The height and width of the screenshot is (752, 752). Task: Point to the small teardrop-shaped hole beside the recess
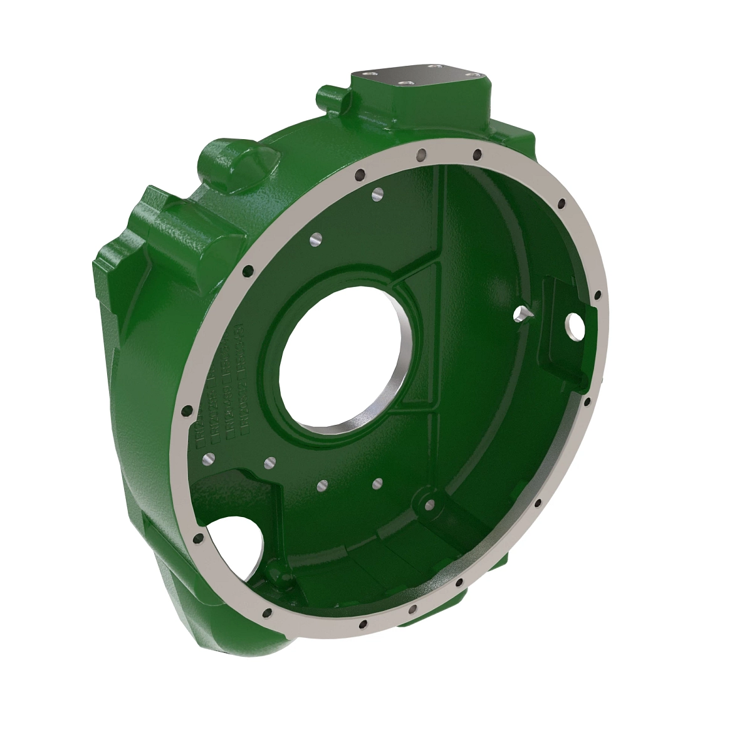point(521,313)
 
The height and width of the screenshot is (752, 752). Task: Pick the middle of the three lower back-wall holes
point(323,485)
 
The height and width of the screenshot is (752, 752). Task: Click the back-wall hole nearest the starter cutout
point(270,462)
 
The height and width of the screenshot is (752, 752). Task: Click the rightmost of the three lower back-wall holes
point(378,483)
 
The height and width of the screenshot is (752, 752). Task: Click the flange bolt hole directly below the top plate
point(423,152)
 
